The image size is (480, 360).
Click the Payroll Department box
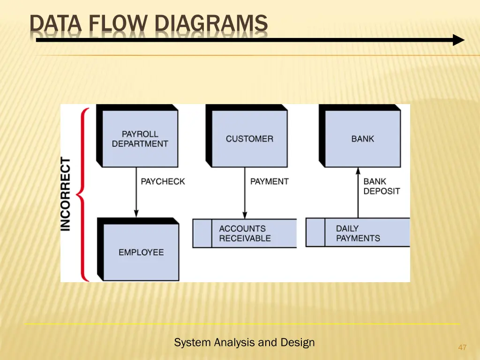[x=140, y=139]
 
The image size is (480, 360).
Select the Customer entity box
[x=249, y=139]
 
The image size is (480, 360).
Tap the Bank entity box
[x=362, y=139]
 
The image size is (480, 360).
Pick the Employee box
[x=141, y=252]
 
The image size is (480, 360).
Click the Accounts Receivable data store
[x=245, y=233]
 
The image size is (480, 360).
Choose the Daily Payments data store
[x=358, y=233]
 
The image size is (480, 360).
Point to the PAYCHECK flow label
[x=163, y=181]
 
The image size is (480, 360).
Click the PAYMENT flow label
[x=269, y=181]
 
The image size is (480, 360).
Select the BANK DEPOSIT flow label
[x=382, y=186]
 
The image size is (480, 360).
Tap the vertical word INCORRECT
[x=66, y=194]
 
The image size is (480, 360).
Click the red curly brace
[x=83, y=194]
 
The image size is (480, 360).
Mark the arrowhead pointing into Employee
[x=136, y=214]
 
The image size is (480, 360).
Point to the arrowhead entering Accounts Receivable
[x=244, y=215]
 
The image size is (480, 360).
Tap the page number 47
[x=462, y=347]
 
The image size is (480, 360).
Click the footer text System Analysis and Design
[x=244, y=343]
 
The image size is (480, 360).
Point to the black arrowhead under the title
[x=458, y=40]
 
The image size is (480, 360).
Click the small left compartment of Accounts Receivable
[x=202, y=233]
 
